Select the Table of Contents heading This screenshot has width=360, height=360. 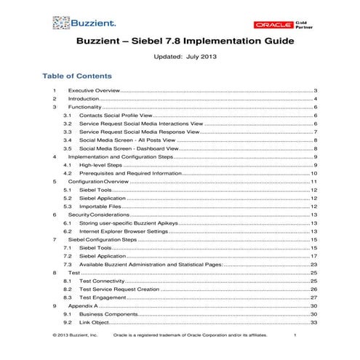77,76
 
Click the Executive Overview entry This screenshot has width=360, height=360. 94,90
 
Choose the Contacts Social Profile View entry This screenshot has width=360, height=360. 122,115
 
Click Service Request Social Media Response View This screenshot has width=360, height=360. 146,132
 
